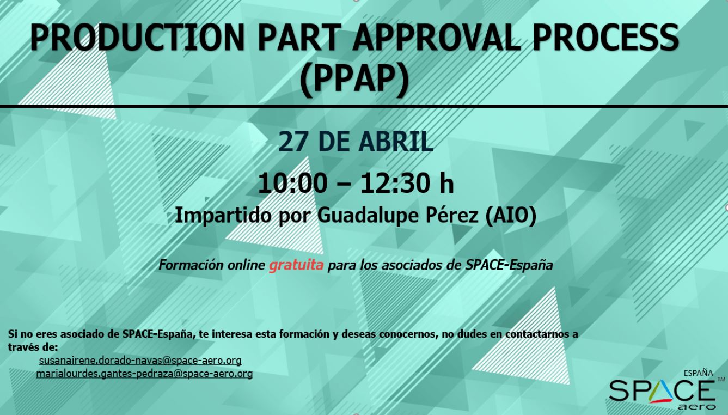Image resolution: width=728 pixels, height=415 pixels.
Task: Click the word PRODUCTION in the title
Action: pos(137,38)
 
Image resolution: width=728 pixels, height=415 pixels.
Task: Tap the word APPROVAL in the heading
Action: pos(437,38)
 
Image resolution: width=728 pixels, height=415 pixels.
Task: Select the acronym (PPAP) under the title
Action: pos(354,79)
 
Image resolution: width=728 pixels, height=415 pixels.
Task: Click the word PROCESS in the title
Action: pos(606,38)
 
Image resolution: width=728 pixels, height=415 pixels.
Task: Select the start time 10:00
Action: pos(292,184)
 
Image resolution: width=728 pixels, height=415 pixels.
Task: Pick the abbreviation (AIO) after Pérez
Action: pos(511,216)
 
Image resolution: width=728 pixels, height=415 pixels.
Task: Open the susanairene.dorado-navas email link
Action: pos(140,361)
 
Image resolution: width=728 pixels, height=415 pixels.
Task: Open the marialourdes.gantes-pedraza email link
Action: pos(144,374)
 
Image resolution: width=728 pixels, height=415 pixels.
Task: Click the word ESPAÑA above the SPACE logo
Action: pos(698,373)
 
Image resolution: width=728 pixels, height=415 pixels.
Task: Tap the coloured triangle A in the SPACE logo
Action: pos(662,392)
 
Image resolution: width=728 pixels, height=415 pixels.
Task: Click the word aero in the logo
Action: pos(696,407)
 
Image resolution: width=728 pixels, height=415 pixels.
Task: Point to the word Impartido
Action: pos(223,215)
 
